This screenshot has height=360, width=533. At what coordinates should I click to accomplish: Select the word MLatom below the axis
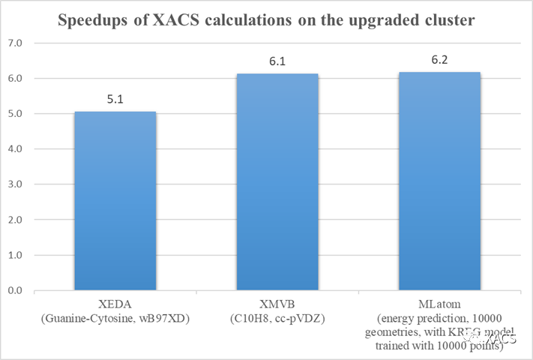click(439, 304)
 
